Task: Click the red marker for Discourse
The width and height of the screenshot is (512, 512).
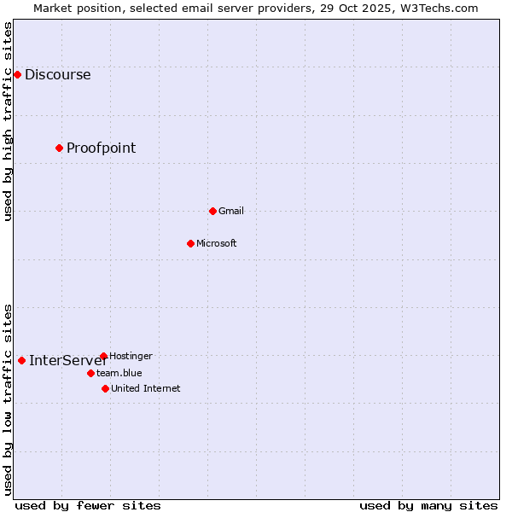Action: pos(17,75)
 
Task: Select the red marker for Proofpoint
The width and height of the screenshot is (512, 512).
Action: pos(59,148)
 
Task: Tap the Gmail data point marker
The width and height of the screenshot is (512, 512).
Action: pos(212,211)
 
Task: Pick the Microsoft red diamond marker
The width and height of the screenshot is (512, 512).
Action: pos(190,243)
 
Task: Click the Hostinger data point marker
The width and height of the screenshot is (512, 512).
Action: pos(103,356)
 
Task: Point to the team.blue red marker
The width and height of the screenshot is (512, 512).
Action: pos(90,373)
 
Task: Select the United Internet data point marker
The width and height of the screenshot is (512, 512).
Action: pos(105,388)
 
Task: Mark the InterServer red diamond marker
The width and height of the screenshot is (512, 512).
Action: pos(21,360)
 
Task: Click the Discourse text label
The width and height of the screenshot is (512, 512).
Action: pos(57,75)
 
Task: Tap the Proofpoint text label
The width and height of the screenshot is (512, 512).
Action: pos(101,148)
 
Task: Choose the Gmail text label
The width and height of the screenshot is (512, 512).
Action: pos(230,211)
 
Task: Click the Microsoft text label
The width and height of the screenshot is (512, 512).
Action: pos(216,243)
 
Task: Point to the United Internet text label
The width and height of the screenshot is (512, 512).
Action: pos(145,388)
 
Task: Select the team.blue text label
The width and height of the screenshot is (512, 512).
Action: pos(119,373)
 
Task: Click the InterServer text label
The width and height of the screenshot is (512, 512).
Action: pos(67,360)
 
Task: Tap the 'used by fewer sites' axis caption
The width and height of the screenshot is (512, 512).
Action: pos(88,505)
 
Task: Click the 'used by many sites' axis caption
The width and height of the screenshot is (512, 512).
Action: pos(428,505)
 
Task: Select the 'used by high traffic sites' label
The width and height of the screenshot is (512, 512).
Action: pos(8,121)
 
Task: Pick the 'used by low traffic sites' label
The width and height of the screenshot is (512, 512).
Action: pos(8,399)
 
